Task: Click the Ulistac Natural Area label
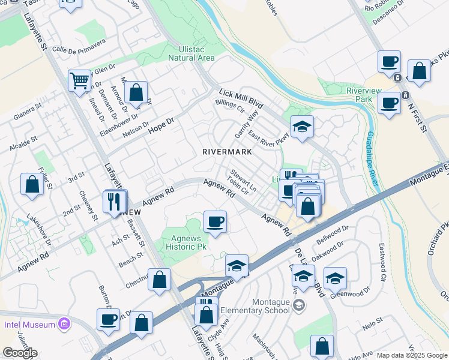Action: coord(191,53)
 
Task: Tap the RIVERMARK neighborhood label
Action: coord(226,152)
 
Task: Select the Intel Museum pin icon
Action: coord(64,325)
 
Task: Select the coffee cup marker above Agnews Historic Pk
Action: coord(215,222)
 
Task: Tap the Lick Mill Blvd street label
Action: coord(242,98)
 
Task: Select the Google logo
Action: coord(19,353)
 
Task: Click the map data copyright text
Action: coord(412,355)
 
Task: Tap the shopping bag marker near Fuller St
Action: coord(32,185)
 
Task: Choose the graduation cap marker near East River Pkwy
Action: coord(302,127)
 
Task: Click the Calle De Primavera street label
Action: coord(79,46)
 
